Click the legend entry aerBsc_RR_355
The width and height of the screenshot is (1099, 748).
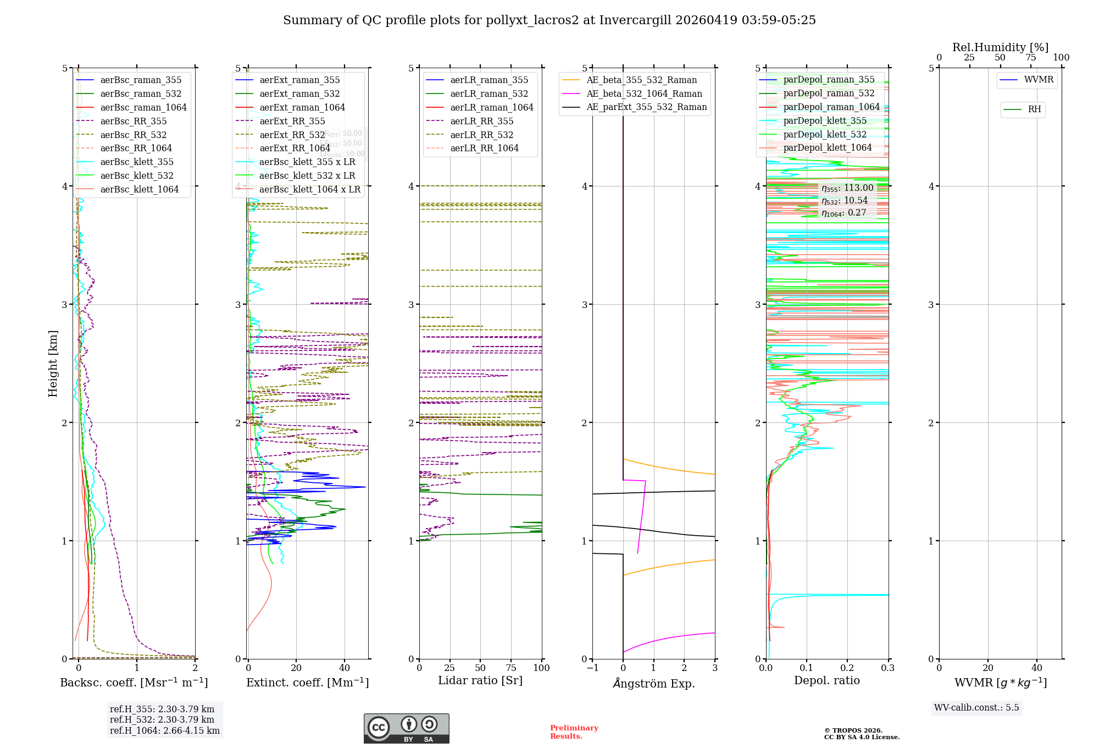coord(133,121)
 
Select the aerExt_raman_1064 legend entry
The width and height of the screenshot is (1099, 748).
coord(302,107)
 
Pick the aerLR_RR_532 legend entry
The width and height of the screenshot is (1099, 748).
coord(481,135)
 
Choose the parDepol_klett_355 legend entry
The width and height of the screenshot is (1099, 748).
coord(825,120)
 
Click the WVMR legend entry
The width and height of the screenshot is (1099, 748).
coord(1039,80)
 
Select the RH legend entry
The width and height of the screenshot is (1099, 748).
coord(1034,109)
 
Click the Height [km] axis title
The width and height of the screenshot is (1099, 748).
coord(53,364)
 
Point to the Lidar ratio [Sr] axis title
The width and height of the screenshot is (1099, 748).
coord(480,680)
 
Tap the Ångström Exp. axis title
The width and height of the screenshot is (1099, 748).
coord(653,683)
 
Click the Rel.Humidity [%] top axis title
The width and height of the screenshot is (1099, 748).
coord(1000,47)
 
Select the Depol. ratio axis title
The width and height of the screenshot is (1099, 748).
coord(826,680)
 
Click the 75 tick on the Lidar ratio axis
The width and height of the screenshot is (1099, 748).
coord(511,668)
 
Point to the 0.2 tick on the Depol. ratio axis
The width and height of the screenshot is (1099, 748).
coord(847,668)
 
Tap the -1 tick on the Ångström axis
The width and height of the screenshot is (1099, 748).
coord(592,668)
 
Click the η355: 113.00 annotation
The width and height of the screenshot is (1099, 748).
coord(847,188)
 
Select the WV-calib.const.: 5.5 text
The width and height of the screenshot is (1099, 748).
coord(976,707)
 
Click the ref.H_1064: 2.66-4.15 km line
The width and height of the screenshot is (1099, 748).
coord(164,730)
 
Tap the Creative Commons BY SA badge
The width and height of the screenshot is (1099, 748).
coord(406,728)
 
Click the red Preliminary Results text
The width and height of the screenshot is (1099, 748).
coord(574,732)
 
